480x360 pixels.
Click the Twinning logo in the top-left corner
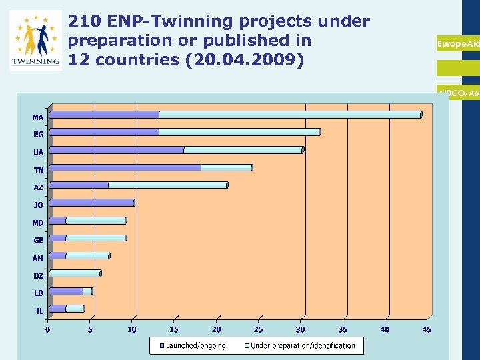(35, 40)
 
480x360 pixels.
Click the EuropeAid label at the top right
(457, 43)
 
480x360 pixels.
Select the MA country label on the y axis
(38, 117)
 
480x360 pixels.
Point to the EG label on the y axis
(39, 135)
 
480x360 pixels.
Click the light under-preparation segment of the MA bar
(290, 115)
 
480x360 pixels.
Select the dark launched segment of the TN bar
(125, 167)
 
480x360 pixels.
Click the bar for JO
(92, 203)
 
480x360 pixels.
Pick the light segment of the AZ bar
(167, 185)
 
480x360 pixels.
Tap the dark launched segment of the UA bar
(117, 150)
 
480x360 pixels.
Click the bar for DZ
(75, 273)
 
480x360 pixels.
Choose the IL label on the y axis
(40, 310)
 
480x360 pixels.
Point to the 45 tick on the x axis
(426, 329)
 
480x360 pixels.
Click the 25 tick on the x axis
(258, 329)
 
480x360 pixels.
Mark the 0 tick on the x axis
(47, 329)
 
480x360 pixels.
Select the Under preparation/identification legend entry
(301, 345)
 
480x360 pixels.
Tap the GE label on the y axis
(39, 240)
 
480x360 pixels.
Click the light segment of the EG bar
(239, 132)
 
